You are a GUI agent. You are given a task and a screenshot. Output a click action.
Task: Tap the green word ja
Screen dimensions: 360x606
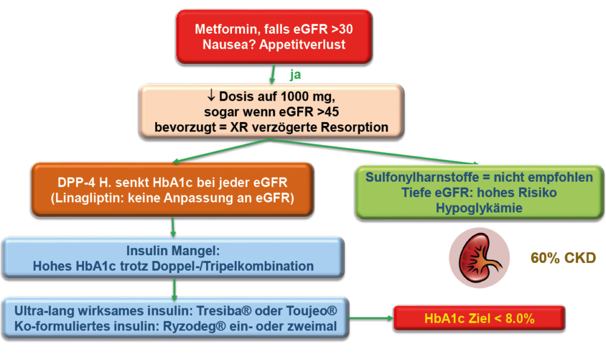tap(296, 75)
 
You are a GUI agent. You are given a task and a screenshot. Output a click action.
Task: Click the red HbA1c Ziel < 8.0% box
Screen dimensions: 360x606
tap(480, 318)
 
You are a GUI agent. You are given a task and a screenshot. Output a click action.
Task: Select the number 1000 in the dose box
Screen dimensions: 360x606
tap(286, 97)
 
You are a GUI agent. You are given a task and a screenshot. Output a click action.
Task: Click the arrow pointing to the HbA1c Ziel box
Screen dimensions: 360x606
tap(370, 319)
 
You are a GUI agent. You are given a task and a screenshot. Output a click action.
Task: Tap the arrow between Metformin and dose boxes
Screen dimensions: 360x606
tap(272, 73)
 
